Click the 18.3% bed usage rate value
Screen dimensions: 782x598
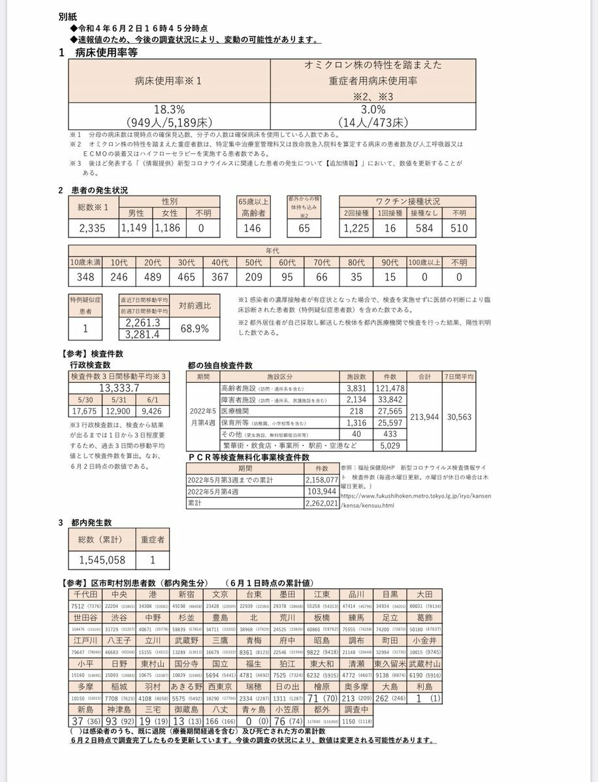[171, 110]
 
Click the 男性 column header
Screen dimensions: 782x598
[136, 213]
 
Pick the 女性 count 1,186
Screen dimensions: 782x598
[169, 228]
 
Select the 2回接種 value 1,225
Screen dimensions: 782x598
[356, 228]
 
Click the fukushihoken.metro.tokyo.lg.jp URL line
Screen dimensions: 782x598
[415, 495]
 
